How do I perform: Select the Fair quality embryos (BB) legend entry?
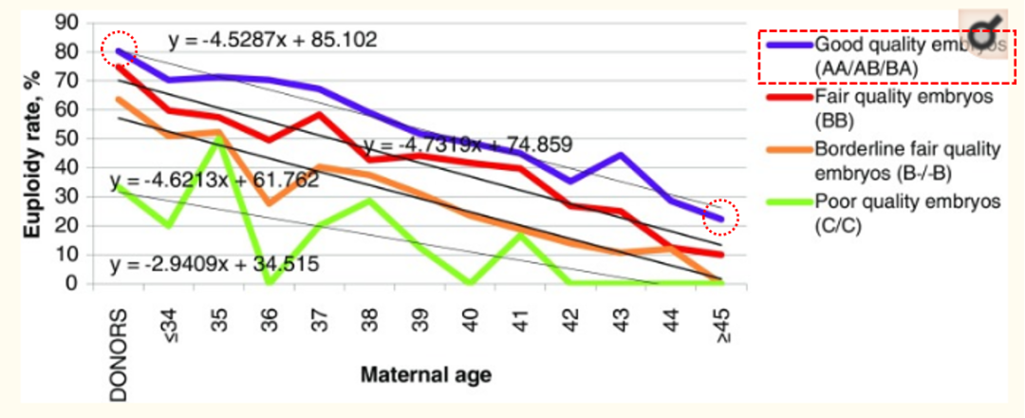tap(882, 110)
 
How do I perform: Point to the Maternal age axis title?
tap(426, 374)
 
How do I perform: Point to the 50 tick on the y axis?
tap(68, 139)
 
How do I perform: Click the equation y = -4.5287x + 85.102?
tap(273, 40)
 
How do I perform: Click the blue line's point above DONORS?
tap(120, 50)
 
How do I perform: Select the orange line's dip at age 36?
tap(270, 203)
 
